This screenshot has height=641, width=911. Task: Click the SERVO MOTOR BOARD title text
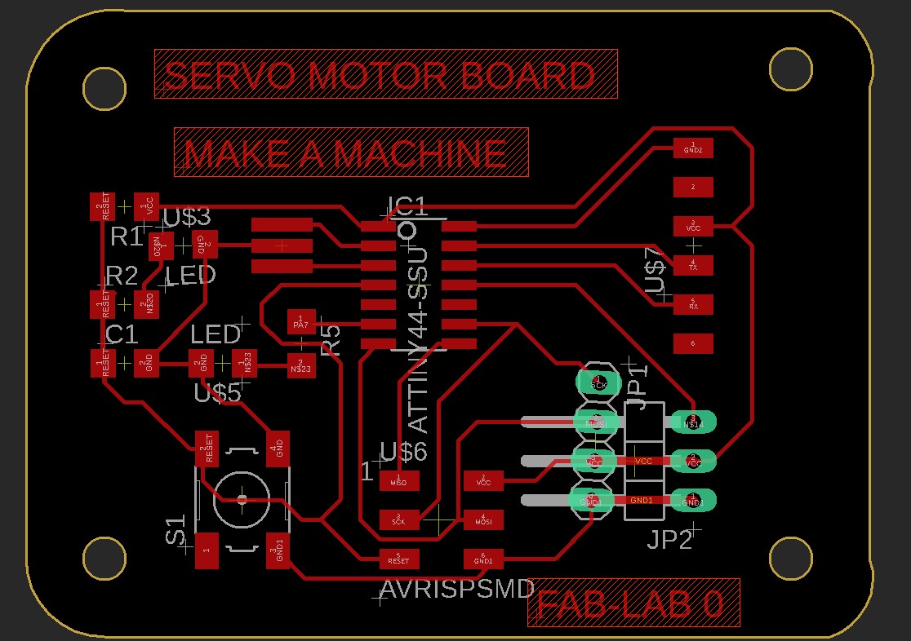(x=380, y=76)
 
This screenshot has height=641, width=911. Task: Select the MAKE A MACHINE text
(x=345, y=154)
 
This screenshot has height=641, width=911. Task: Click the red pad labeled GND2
(x=693, y=148)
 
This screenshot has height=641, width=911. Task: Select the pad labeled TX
(x=693, y=265)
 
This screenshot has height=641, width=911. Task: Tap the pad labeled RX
(x=693, y=304)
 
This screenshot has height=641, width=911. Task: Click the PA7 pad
(x=300, y=321)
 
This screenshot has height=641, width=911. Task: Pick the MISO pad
(x=398, y=480)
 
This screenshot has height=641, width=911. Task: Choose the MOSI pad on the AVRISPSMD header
(x=483, y=519)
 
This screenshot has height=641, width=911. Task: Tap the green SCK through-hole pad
(x=598, y=382)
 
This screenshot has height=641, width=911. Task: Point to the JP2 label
(x=669, y=539)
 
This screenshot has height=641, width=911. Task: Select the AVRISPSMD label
(x=457, y=589)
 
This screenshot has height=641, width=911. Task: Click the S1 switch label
(x=176, y=530)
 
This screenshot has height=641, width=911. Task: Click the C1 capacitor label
(x=122, y=334)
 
